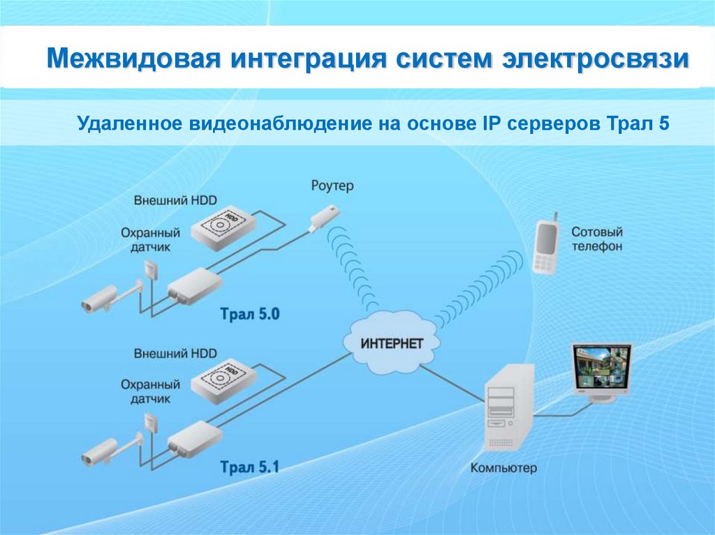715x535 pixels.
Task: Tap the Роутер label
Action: click(x=332, y=186)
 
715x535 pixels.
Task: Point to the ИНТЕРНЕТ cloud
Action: click(x=392, y=343)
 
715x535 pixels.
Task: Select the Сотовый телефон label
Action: click(x=596, y=239)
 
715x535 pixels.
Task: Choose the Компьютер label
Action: click(x=503, y=468)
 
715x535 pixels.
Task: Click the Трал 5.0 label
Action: click(x=249, y=314)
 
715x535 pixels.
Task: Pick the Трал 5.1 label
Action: click(x=249, y=467)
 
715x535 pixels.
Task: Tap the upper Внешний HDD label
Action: click(x=175, y=200)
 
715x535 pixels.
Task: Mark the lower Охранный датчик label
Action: click(x=150, y=391)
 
